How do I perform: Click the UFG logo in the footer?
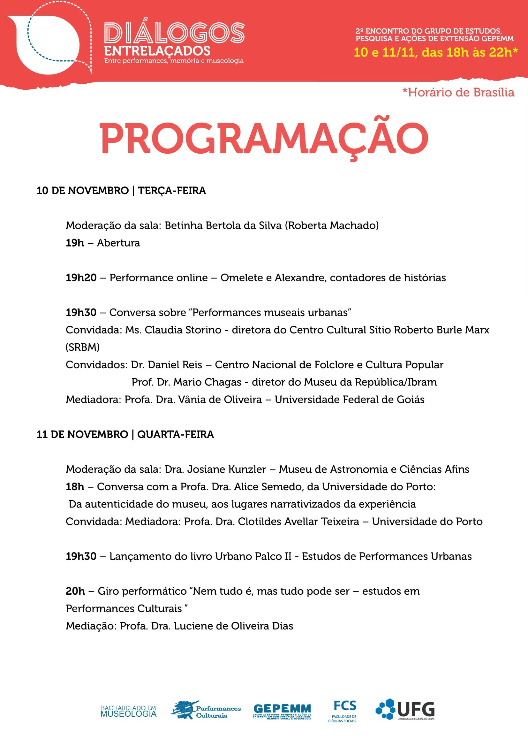click(x=405, y=710)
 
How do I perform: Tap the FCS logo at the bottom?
click(x=344, y=711)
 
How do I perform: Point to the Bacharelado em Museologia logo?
click(x=128, y=711)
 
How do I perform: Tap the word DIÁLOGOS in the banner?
click(x=174, y=33)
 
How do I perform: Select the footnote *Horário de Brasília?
click(x=458, y=92)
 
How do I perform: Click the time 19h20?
click(x=81, y=278)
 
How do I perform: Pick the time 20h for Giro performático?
click(x=75, y=591)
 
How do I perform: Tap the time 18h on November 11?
click(x=75, y=486)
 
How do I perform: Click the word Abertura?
click(x=118, y=243)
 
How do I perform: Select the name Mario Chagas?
click(x=207, y=382)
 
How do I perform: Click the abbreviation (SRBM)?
click(x=83, y=347)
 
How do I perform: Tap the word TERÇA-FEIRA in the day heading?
click(x=172, y=190)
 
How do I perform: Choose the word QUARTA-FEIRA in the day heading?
click(x=176, y=434)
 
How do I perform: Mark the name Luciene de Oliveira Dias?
click(x=233, y=626)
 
